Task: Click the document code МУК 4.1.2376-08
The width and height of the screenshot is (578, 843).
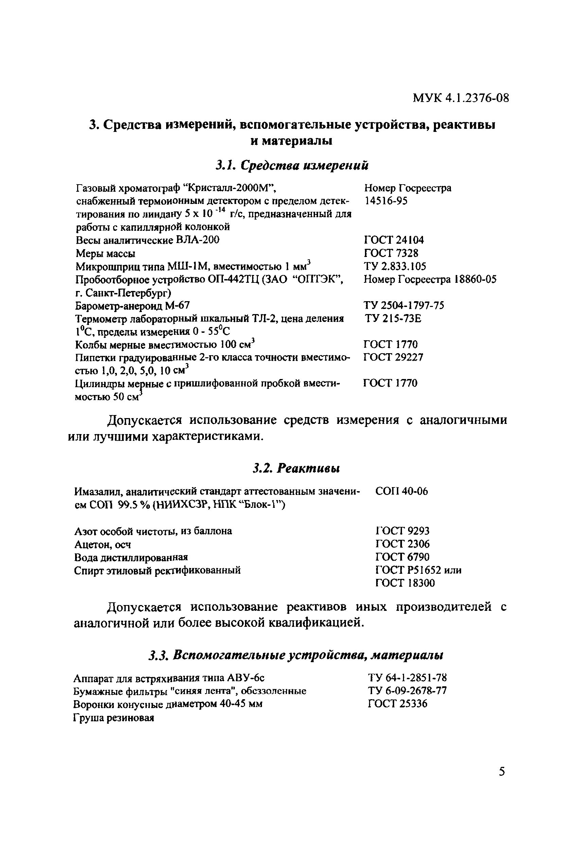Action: (x=460, y=98)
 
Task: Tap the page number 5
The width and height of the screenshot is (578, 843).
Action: (x=502, y=771)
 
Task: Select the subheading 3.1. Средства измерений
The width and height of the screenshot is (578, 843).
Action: (x=292, y=166)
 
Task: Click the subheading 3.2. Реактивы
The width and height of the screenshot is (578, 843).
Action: (x=296, y=469)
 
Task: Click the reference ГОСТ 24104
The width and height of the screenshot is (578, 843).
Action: (x=393, y=240)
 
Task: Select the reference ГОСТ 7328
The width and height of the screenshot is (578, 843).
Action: (x=390, y=253)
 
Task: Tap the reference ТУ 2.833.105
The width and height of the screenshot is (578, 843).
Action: (x=395, y=266)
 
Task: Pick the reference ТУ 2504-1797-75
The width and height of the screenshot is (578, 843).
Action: (x=404, y=306)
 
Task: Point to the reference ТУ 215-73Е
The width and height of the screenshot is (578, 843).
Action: (x=393, y=319)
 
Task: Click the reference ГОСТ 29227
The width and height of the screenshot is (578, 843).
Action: (x=393, y=357)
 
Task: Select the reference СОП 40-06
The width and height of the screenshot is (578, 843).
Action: (x=401, y=492)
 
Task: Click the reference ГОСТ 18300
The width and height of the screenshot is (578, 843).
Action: (x=405, y=583)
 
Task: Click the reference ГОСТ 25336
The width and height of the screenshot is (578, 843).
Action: (x=398, y=704)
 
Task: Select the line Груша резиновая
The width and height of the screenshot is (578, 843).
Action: (x=114, y=718)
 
